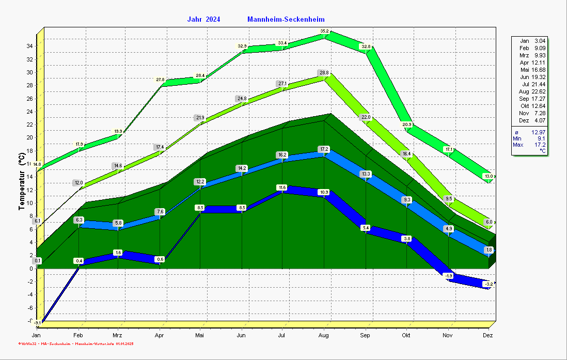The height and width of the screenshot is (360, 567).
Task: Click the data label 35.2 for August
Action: [324, 31]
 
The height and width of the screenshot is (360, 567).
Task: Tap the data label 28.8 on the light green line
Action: [324, 73]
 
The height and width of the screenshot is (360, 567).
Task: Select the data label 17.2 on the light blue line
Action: [324, 149]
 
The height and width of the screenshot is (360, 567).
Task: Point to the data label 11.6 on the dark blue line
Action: [281, 187]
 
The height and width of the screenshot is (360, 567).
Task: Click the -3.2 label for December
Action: [488, 284]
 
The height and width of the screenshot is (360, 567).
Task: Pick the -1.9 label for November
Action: [448, 276]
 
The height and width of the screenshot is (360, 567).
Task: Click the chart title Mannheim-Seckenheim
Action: [286, 20]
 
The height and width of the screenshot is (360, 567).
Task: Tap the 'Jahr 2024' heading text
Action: [203, 20]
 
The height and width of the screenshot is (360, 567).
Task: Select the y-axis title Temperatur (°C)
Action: [22, 181]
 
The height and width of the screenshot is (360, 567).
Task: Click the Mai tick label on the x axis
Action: [200, 335]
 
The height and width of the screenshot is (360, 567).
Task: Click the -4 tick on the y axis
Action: [29, 294]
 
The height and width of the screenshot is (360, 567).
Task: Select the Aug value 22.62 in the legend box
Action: [539, 91]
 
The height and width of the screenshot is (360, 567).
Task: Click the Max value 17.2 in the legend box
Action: [540, 145]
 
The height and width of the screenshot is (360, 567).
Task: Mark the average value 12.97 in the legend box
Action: [539, 132]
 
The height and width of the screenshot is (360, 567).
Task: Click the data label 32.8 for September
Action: [366, 46]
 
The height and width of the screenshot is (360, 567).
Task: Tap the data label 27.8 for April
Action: [160, 80]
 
